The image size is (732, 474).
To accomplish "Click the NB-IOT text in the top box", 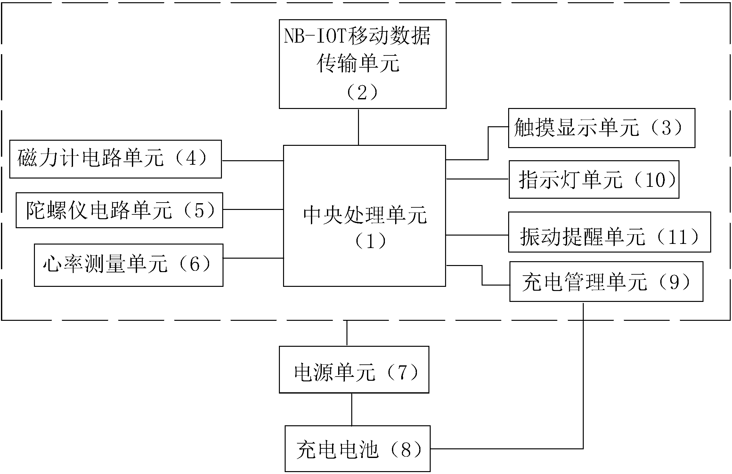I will pyautogui.click(x=315, y=36).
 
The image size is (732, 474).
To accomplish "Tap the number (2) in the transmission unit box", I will pyautogui.click(x=362, y=93).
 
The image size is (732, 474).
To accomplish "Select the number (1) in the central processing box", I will pyautogui.click(x=370, y=241).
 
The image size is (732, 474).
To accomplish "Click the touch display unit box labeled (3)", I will pyautogui.click(x=601, y=128).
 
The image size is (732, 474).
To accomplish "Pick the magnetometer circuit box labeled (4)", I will pyautogui.click(x=115, y=159).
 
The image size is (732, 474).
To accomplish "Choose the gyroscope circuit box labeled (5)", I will pyautogui.click(x=119, y=210).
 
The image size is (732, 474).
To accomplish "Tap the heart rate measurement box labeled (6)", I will pyautogui.click(x=128, y=265).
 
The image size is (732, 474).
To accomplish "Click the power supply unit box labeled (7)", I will pyautogui.click(x=354, y=370).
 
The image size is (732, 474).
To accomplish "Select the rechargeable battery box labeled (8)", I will pyautogui.click(x=357, y=448).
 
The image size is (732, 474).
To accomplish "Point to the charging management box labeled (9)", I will pyautogui.click(x=606, y=282).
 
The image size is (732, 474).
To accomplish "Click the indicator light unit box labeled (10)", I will pyautogui.click(x=594, y=179).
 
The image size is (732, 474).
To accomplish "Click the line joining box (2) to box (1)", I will pyautogui.click(x=358, y=127).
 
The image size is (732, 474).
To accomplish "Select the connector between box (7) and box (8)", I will pyautogui.click(x=352, y=409).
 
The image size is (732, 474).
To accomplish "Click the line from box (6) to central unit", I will pyautogui.click(x=253, y=258).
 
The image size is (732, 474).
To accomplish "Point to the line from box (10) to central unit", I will pyautogui.click(x=477, y=179).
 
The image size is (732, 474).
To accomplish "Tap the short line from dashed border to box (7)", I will pyautogui.click(x=347, y=333).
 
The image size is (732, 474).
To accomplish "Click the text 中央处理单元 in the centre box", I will pyautogui.click(x=365, y=215).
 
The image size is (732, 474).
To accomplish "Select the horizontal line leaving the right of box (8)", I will pyautogui.click(x=506, y=448).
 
